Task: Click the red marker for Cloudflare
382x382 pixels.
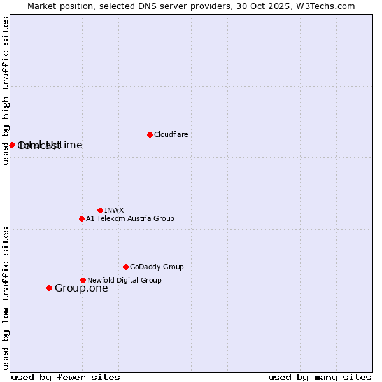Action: coord(150,134)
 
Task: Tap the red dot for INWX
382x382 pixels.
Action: coord(100,210)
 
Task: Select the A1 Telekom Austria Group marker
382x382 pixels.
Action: coord(81,218)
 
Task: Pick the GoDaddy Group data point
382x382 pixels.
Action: coord(125,267)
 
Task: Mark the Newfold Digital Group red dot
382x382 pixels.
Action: coord(83,280)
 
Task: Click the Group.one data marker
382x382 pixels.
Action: coord(49,288)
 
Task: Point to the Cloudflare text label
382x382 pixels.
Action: coord(171,134)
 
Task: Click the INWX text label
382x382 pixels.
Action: coord(114,210)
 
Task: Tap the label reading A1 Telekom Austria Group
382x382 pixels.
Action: coord(130,218)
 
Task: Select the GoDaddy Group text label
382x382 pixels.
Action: coord(157,267)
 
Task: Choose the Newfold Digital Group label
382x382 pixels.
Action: coord(124,280)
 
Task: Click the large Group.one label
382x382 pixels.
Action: coord(81,288)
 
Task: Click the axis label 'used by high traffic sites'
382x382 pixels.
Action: coord(6,90)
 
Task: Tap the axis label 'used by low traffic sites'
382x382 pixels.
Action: coord(6,298)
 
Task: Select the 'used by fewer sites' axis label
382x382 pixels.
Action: coord(66,377)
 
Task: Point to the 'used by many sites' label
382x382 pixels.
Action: coord(320,377)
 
